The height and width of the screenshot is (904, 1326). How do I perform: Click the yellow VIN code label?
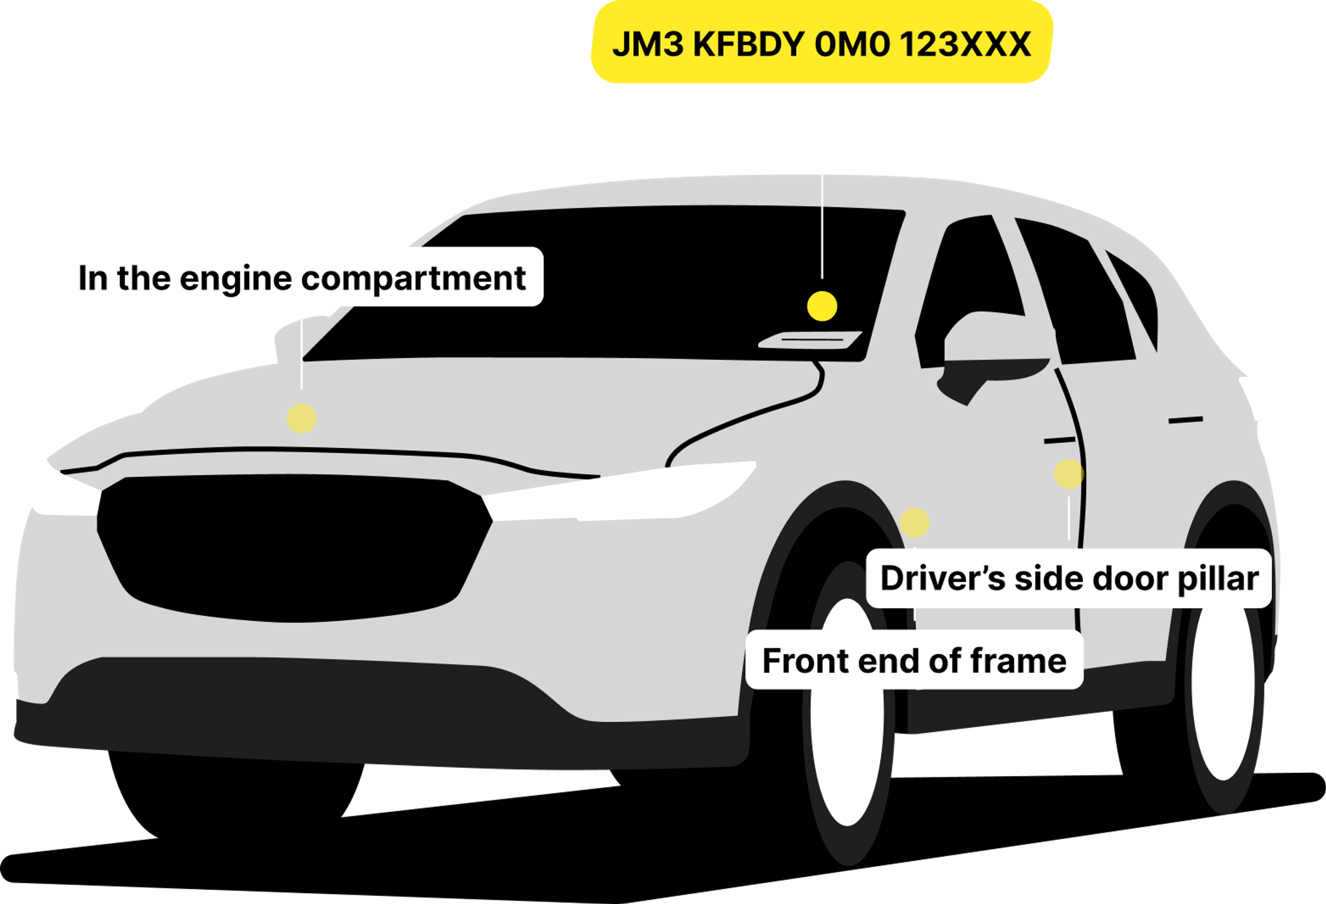point(821,43)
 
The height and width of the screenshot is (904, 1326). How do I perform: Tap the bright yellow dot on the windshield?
point(821,306)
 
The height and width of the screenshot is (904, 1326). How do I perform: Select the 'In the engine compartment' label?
point(301,277)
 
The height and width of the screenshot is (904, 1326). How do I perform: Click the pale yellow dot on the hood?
point(301,418)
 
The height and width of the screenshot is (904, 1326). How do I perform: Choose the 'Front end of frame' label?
point(914,660)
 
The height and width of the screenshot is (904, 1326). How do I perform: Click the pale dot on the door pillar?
point(1068,474)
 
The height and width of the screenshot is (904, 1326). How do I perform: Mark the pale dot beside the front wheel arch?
point(915,523)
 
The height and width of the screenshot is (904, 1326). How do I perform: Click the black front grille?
point(294,548)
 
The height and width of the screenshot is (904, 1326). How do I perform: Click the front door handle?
point(1059,440)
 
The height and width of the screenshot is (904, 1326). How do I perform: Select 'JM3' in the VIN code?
point(647,44)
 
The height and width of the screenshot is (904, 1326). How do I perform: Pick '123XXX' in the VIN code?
point(965,44)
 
